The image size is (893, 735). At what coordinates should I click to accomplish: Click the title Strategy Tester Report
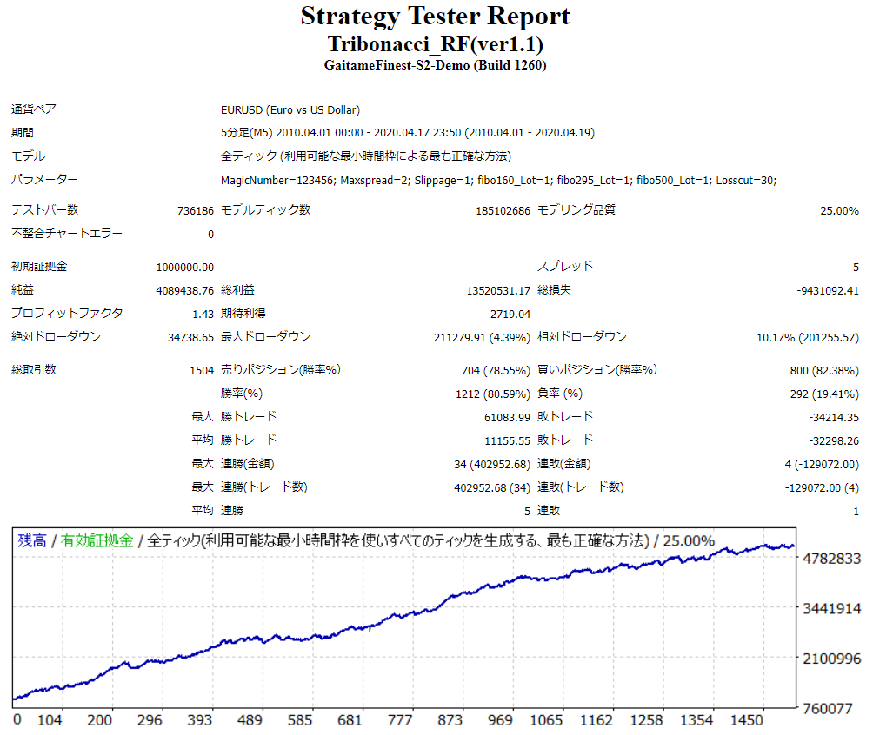[435, 17]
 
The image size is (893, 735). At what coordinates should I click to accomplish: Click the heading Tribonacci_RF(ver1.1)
[436, 44]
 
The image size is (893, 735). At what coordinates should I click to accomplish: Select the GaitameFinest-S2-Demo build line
[435, 65]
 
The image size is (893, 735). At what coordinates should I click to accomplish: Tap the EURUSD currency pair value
[290, 110]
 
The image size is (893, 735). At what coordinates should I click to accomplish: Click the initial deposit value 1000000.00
[185, 267]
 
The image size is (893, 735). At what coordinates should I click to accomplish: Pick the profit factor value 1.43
[203, 314]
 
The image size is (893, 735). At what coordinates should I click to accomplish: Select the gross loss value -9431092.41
[827, 290]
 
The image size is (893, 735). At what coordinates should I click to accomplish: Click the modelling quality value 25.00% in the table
[839, 211]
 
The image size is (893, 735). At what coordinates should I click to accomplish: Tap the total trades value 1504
[202, 370]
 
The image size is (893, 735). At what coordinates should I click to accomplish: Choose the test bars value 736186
[195, 211]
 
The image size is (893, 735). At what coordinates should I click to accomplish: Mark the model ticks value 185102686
[497, 211]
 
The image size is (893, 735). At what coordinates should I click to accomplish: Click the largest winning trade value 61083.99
[507, 417]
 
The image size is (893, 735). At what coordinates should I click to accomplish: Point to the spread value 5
[856, 267]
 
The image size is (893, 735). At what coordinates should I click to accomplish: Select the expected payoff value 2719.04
[510, 314]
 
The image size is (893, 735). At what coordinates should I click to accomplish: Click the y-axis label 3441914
[832, 609]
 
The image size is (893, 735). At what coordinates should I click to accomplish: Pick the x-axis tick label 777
[400, 721]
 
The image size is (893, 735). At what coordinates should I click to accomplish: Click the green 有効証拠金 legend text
[97, 540]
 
